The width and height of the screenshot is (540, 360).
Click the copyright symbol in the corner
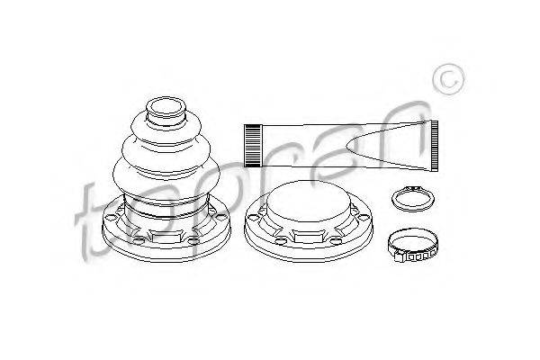(448, 79)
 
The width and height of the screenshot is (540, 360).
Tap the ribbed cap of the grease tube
(253, 146)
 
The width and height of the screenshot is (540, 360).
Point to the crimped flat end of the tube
(435, 146)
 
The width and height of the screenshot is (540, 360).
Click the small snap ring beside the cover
(413, 199)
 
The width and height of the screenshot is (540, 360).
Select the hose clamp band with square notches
(412, 246)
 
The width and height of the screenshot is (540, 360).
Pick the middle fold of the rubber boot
(166, 151)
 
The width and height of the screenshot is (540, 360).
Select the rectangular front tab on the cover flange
(307, 236)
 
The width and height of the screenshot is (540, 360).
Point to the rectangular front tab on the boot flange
(166, 237)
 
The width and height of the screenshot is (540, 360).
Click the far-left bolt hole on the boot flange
(111, 218)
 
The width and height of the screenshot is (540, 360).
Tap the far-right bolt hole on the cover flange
(364, 217)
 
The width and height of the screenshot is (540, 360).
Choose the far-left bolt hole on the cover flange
(253, 218)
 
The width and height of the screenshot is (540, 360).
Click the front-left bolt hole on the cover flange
(280, 239)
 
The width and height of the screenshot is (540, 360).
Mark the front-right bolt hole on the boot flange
(193, 239)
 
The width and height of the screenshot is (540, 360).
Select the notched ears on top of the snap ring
(413, 188)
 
